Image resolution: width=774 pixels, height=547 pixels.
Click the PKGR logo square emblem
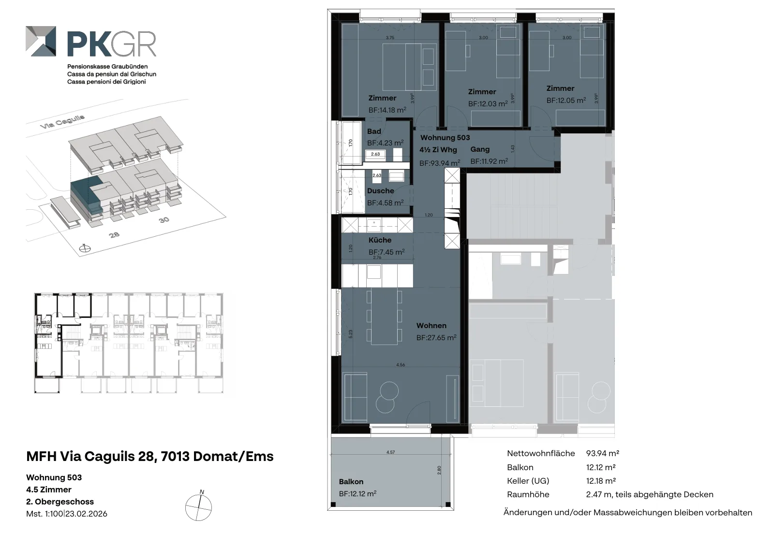tap(41, 41)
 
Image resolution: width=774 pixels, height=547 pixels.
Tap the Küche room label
tap(380, 240)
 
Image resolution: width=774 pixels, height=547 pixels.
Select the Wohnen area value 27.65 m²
tap(436, 337)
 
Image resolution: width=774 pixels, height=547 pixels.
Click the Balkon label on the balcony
tap(351, 481)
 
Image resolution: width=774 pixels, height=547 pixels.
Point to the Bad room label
tap(374, 131)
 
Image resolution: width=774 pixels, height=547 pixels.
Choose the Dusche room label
tap(380, 190)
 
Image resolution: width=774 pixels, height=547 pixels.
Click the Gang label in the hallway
tap(480, 149)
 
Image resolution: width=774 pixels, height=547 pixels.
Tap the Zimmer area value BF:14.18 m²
tap(387, 110)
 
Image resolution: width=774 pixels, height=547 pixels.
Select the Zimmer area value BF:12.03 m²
tap(488, 103)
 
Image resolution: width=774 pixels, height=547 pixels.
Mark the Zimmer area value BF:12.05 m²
tap(566, 100)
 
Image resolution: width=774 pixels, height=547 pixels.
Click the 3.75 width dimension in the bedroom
tap(390, 38)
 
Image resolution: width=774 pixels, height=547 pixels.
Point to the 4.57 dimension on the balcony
tap(390, 452)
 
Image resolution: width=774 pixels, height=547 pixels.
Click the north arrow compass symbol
tap(199, 506)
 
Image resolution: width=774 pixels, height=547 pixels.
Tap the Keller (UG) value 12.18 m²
tap(601, 481)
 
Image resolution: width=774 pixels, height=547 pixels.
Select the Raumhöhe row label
tap(528, 494)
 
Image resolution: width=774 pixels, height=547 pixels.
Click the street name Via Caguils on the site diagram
tap(62, 121)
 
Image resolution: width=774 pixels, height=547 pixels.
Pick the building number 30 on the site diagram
tap(164, 220)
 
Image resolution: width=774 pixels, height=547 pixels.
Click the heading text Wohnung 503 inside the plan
tap(445, 138)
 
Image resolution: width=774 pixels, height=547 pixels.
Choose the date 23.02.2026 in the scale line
tap(87, 514)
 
